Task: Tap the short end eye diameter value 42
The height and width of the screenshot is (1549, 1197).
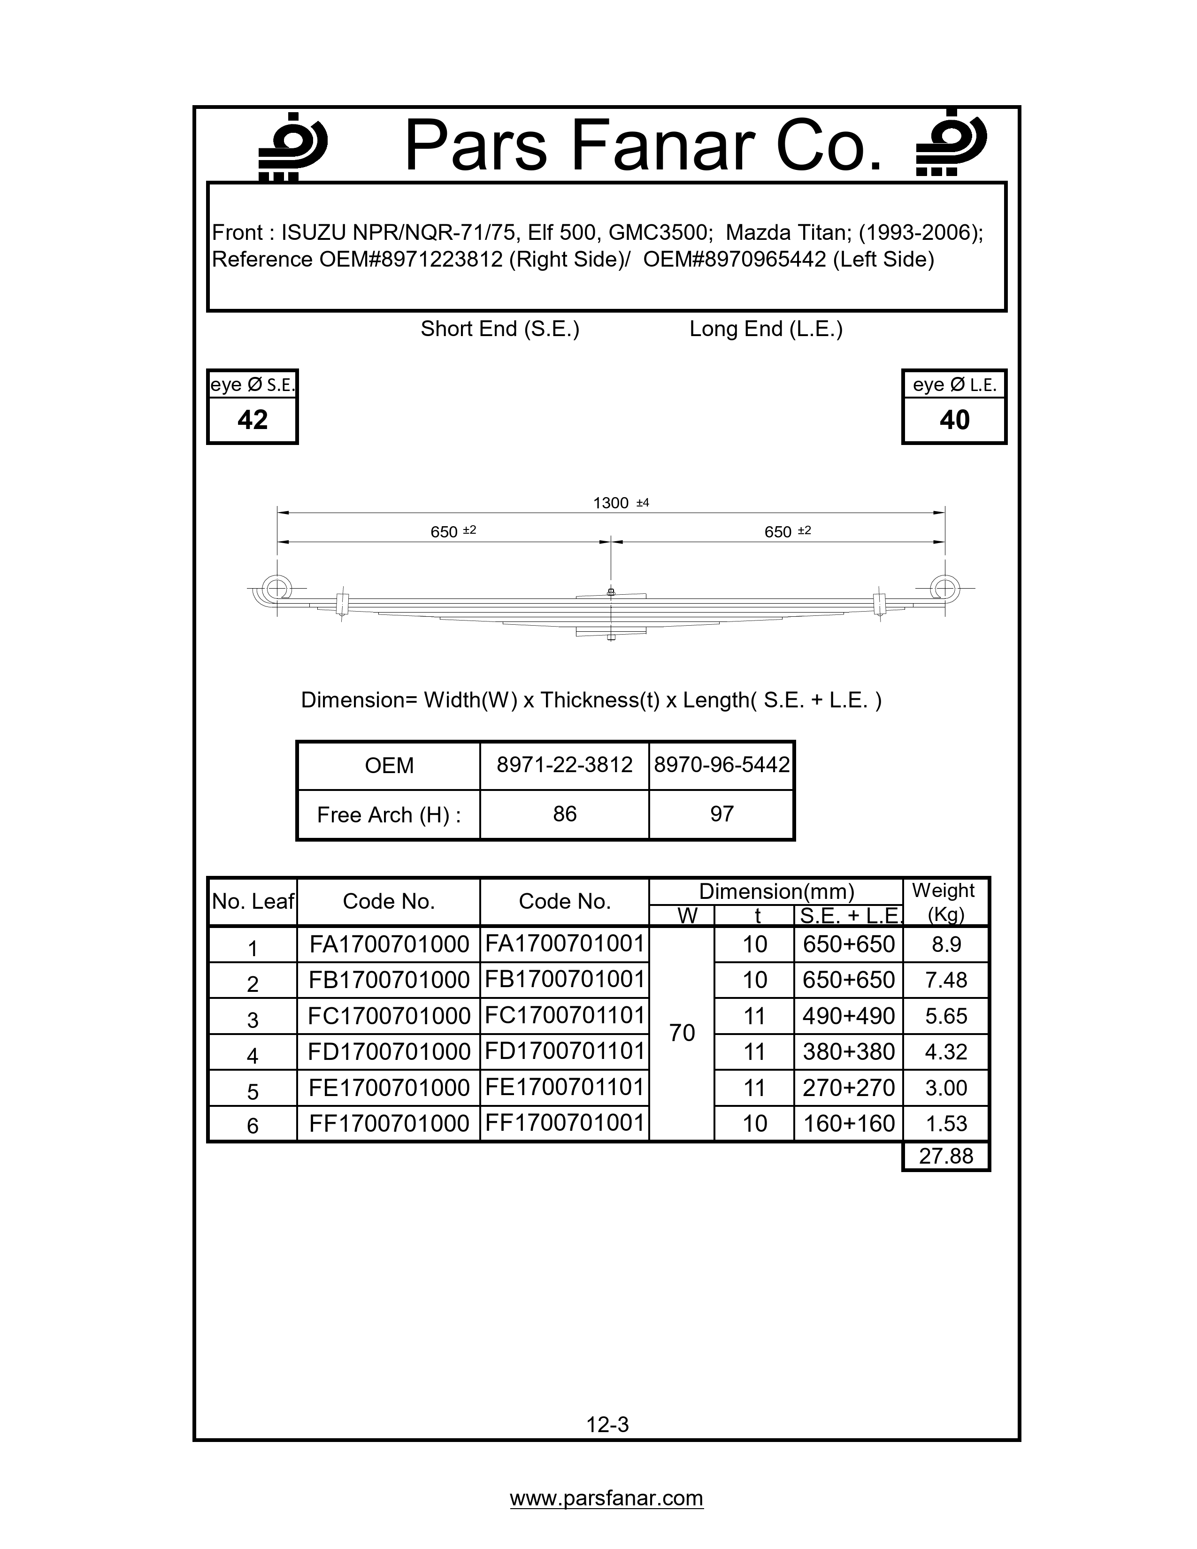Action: [x=253, y=420]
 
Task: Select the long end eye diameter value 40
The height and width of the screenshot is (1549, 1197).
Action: [x=954, y=420]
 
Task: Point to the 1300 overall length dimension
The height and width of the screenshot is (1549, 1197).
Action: [x=611, y=503]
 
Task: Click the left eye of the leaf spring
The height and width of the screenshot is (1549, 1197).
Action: [x=276, y=588]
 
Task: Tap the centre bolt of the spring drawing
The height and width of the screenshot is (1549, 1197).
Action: [x=611, y=591]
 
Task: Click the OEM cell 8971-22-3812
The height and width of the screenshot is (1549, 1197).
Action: [x=564, y=765]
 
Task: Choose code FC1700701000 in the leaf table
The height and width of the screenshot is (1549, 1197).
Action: [x=389, y=1016]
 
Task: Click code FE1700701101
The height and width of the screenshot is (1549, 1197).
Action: [x=564, y=1087]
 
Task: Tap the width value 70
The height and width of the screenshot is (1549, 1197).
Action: [x=682, y=1033]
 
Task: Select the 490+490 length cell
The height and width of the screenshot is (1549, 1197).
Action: [x=848, y=1016]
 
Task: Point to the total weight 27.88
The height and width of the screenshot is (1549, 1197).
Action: [x=946, y=1156]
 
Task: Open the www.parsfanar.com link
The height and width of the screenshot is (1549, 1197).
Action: [x=606, y=1498]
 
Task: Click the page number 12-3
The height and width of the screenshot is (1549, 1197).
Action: [x=608, y=1424]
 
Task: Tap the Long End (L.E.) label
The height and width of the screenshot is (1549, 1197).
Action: [x=766, y=329]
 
